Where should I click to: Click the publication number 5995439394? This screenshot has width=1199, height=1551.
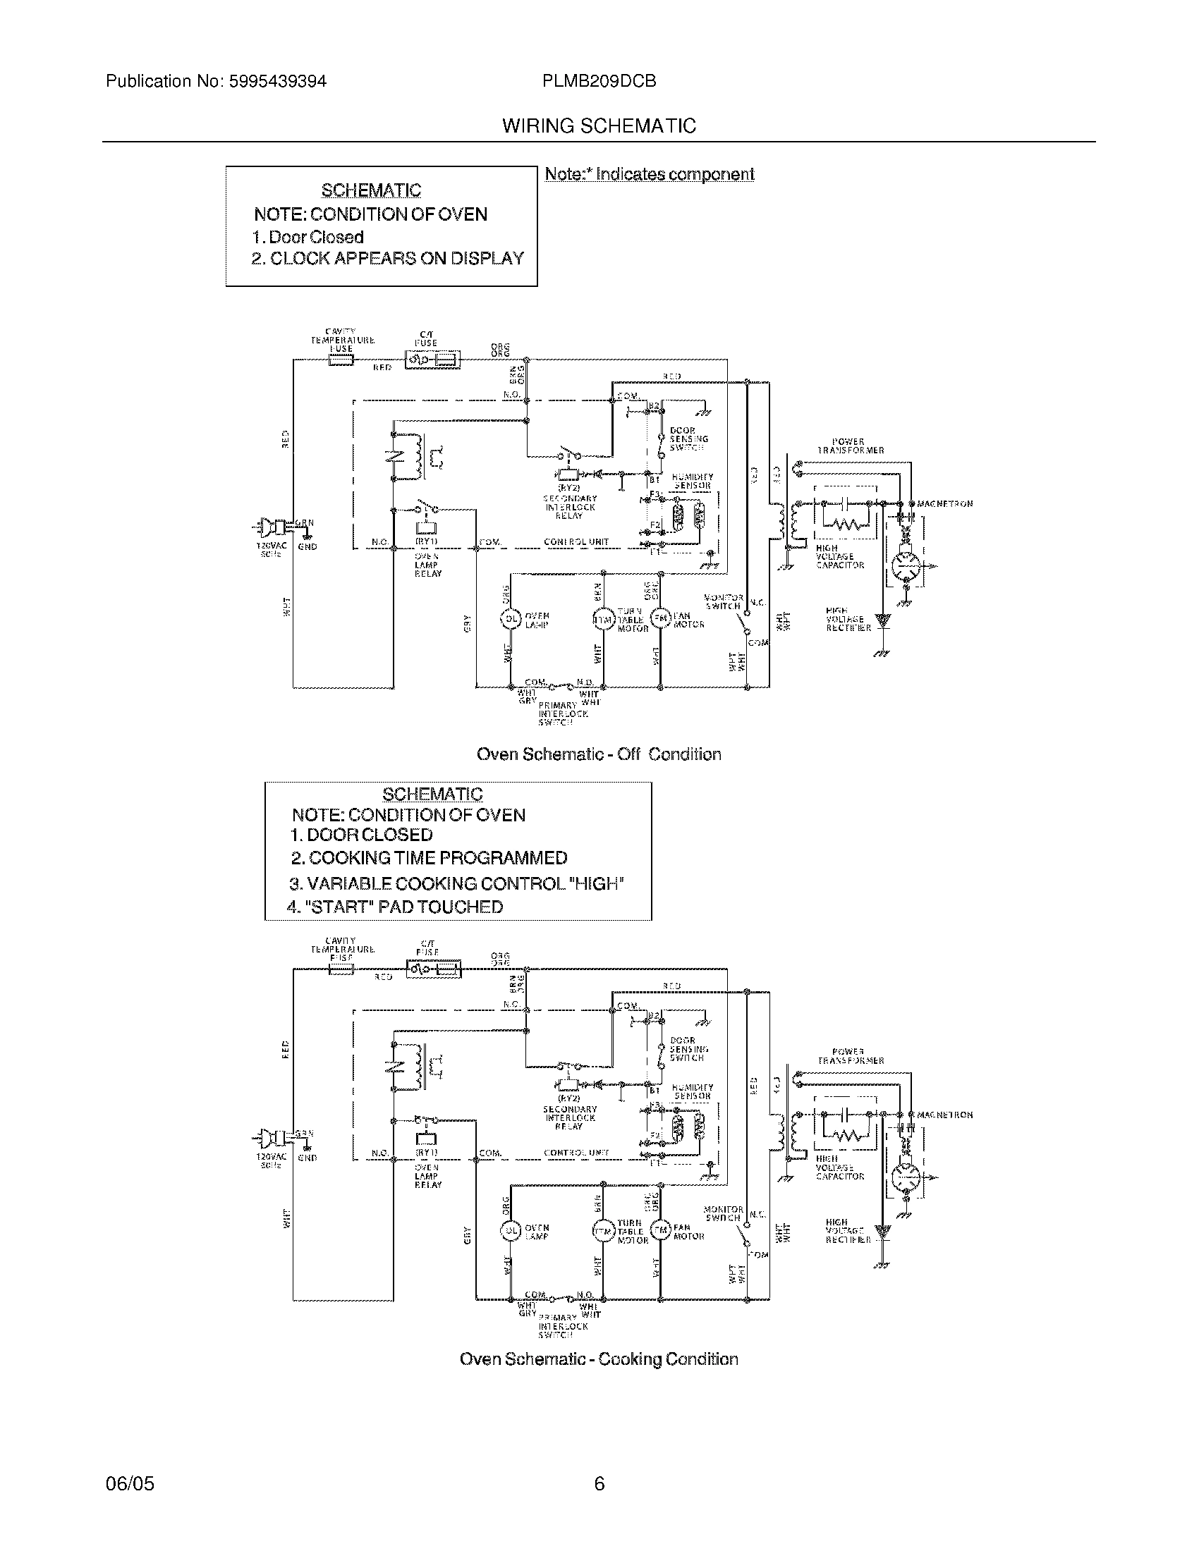[x=277, y=81]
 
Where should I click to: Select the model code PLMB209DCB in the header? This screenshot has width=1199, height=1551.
[x=599, y=81]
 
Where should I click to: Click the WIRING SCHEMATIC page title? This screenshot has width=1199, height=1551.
[x=599, y=125]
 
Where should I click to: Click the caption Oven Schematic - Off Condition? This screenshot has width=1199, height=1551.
[x=599, y=754]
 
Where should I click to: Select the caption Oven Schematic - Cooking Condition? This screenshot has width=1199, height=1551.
[x=599, y=1359]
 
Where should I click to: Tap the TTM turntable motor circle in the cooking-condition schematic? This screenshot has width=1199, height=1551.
[x=603, y=1231]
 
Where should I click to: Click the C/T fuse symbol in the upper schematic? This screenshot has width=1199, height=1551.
[x=432, y=362]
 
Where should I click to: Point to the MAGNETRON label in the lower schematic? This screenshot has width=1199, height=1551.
[x=944, y=1115]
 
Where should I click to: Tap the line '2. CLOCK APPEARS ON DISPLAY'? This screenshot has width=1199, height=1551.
[x=388, y=259]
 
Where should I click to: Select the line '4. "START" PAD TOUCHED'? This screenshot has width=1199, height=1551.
[x=395, y=907]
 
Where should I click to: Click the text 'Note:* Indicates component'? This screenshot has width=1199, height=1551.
[x=649, y=174]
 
